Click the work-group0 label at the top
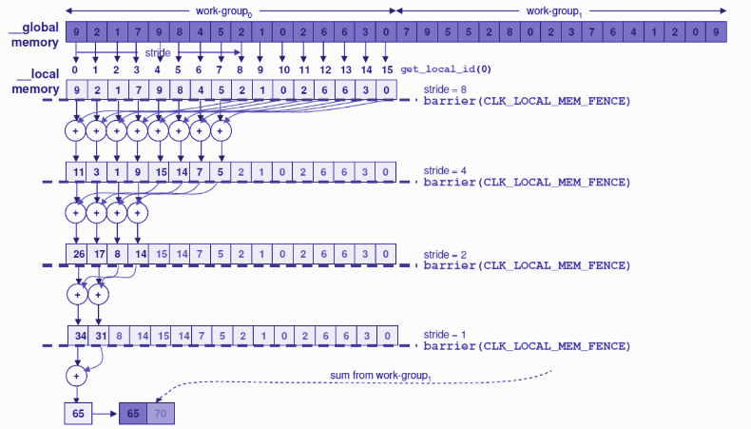(223, 11)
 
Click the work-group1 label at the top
(554, 11)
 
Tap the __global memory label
(33, 34)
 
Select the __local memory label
(37, 81)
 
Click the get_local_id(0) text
(446, 69)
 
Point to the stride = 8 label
(445, 89)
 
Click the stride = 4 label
(445, 170)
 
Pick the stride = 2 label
(445, 255)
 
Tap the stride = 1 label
(445, 335)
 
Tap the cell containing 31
(99, 336)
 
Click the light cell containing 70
(161, 413)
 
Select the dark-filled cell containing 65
(133, 413)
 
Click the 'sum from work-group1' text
(381, 376)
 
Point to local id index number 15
(387, 70)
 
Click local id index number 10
(284, 70)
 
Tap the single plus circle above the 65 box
(76, 377)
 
